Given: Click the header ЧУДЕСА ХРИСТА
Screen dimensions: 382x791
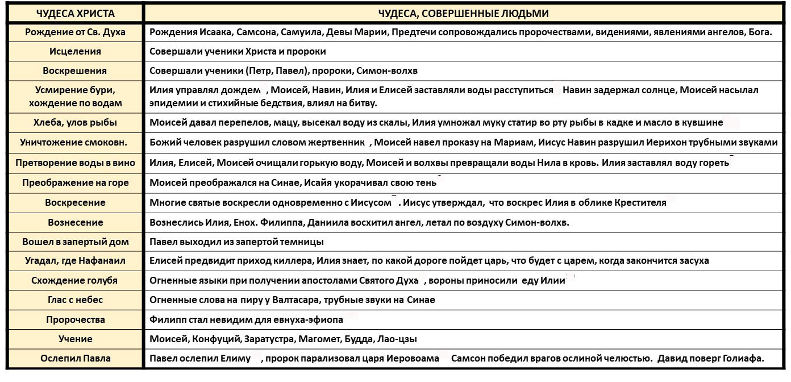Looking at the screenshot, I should pyautogui.click(x=75, y=14).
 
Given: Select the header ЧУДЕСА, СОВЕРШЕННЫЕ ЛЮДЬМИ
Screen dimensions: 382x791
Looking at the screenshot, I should pyautogui.click(x=463, y=14).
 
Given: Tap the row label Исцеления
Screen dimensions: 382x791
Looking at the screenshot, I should pyautogui.click(x=75, y=52).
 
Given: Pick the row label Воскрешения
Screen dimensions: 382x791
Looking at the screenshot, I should pyautogui.click(x=75, y=71).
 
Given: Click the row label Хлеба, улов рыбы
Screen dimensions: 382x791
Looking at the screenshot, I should pyautogui.click(x=75, y=122).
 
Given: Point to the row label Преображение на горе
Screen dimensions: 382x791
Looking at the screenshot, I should pyautogui.click(x=75, y=183).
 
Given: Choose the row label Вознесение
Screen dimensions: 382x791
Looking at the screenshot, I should pyautogui.click(x=75, y=222).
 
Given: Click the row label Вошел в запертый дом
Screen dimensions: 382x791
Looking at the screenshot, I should pyautogui.click(x=75, y=242).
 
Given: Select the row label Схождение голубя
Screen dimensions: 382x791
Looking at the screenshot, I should pyautogui.click(x=75, y=280).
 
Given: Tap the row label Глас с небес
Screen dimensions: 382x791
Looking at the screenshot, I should pyautogui.click(x=75, y=300).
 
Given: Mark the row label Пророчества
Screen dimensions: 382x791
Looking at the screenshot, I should pyautogui.click(x=75, y=319).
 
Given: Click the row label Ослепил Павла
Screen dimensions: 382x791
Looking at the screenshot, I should pyautogui.click(x=75, y=358).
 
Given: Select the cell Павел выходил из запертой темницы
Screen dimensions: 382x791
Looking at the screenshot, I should pyautogui.click(x=236, y=242).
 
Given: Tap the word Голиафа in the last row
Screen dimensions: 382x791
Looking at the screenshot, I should pyautogui.click(x=743, y=358).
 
